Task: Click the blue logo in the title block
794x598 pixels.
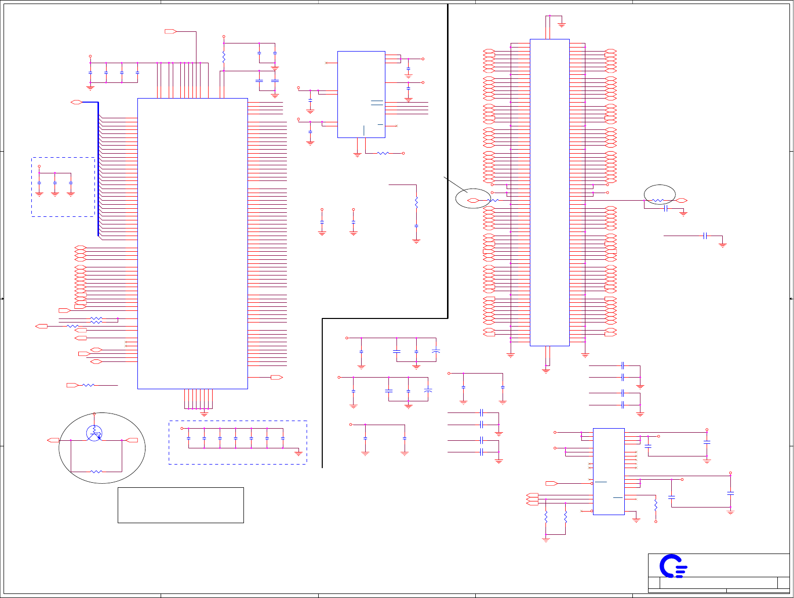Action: point(673,566)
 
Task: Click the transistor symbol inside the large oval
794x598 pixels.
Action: point(94,433)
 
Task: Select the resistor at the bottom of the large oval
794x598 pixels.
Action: point(96,472)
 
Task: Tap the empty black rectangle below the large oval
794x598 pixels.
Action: point(180,505)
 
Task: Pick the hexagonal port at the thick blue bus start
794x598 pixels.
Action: point(76,103)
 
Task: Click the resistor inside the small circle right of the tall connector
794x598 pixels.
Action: point(657,201)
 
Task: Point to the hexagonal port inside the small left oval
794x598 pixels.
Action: point(473,201)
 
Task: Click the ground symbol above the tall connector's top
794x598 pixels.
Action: point(562,24)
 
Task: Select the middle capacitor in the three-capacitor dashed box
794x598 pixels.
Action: point(55,182)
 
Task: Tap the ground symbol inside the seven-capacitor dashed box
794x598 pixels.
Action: point(299,453)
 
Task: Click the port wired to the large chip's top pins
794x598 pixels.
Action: point(171,32)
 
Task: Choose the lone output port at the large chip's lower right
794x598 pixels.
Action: point(277,377)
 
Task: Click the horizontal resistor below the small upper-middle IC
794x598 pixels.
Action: point(383,153)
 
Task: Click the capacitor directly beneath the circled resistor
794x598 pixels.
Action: point(666,208)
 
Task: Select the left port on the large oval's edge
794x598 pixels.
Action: point(53,440)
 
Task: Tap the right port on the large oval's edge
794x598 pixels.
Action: point(132,440)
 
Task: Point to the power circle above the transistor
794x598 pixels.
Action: point(94,414)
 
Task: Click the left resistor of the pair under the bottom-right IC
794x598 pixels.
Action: point(546,518)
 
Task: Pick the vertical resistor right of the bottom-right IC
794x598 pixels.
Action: point(656,504)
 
